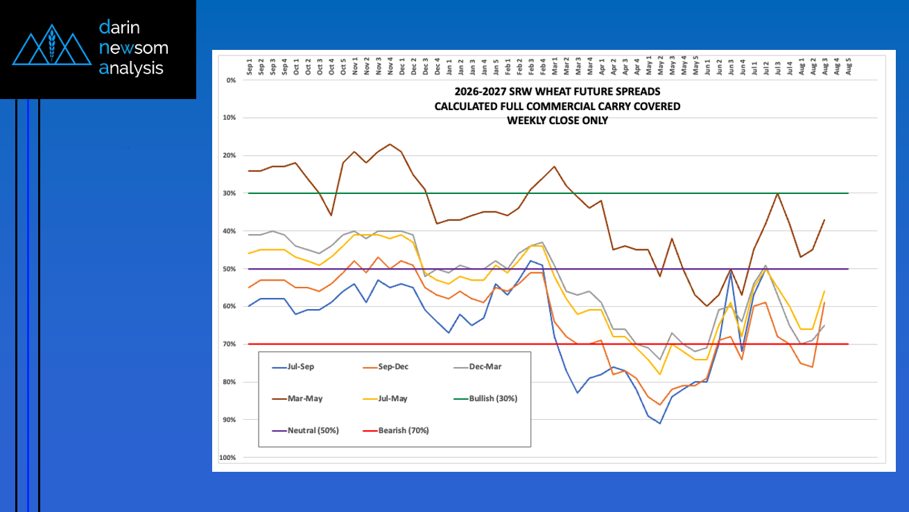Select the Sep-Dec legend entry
coord(386,367)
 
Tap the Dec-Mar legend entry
coord(477,367)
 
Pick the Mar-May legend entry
coord(297,398)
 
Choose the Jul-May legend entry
coord(385,398)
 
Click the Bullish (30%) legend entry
coord(485,398)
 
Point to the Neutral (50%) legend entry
coord(305,430)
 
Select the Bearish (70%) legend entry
coord(396,430)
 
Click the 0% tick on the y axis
coord(231,80)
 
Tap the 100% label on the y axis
coord(227,457)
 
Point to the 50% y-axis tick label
coord(230,269)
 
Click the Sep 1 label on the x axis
coord(249,67)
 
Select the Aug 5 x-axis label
coord(848,67)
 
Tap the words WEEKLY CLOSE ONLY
coord(557,121)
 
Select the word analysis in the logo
coord(131,69)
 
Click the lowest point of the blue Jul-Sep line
coord(660,423)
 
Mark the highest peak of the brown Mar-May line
coord(390,144)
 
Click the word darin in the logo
coord(119,27)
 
